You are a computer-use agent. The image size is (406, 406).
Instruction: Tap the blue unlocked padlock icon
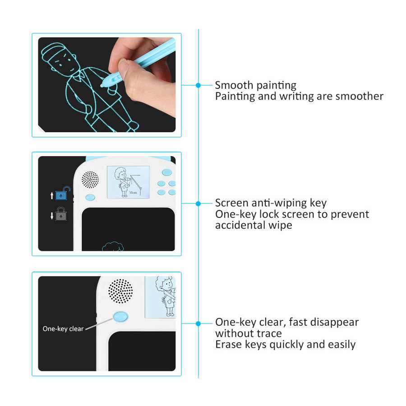pos(63,195)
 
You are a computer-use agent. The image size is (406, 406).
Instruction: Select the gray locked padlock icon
pos(61,215)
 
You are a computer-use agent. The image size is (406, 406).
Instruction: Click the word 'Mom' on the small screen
pos(133,193)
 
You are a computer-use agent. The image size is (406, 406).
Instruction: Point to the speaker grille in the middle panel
pos(90,179)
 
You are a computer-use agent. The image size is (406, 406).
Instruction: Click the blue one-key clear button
pos(120,317)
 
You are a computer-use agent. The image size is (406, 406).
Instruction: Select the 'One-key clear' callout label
pos(63,329)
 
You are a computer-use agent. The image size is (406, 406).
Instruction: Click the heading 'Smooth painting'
pos(255,85)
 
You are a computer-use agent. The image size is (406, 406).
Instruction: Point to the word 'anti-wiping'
pos(271,203)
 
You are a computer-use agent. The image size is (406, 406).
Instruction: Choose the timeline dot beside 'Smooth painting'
pos(198,85)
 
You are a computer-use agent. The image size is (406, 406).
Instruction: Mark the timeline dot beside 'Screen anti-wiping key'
pos(198,203)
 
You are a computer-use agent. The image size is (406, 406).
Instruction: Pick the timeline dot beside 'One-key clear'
pos(198,323)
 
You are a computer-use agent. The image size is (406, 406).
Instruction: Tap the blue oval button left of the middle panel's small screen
pos(89,197)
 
